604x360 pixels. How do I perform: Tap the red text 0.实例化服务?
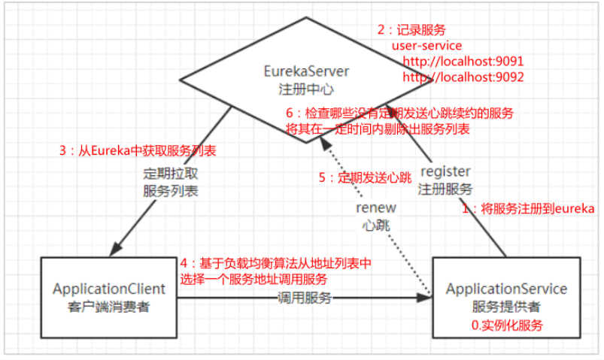[506, 325]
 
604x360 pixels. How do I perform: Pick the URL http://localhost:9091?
[463, 61]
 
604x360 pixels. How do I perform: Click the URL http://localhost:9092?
[463, 77]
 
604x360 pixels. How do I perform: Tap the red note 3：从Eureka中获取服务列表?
[138, 150]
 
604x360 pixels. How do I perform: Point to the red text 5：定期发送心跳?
[365, 177]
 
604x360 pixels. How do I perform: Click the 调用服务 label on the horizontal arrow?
[304, 298]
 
